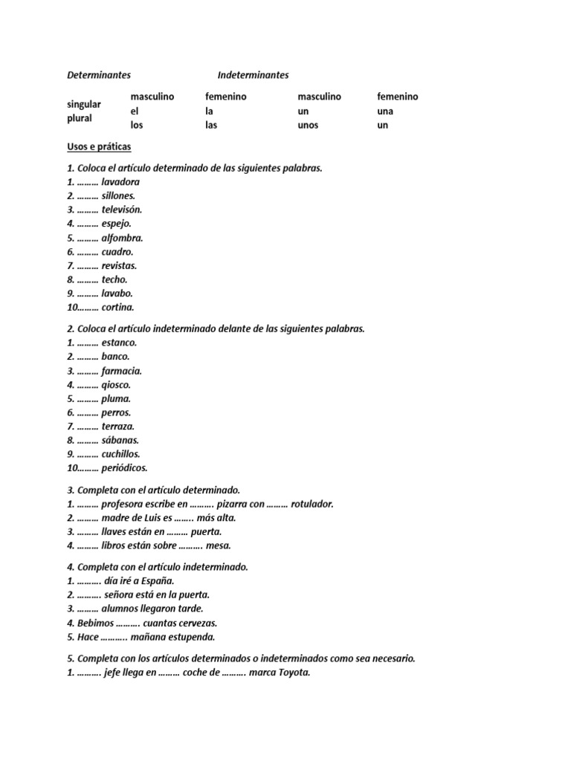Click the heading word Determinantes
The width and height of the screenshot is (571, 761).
99,75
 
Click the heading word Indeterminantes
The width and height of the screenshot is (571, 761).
253,75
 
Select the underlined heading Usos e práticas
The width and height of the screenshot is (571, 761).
99,147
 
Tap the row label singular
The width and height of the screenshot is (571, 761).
84,104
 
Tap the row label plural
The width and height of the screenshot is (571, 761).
80,118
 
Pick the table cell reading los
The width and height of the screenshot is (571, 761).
137,126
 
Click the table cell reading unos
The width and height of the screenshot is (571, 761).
308,126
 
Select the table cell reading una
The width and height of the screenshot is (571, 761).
385,111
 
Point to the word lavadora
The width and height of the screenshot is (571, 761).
120,182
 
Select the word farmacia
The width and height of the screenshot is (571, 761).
121,371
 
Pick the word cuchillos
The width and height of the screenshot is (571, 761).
120,454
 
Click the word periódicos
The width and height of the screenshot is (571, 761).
124,468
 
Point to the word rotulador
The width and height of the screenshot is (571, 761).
312,505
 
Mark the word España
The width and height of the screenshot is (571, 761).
157,581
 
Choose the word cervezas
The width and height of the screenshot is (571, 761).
196,623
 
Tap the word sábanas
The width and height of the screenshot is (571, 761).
120,441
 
